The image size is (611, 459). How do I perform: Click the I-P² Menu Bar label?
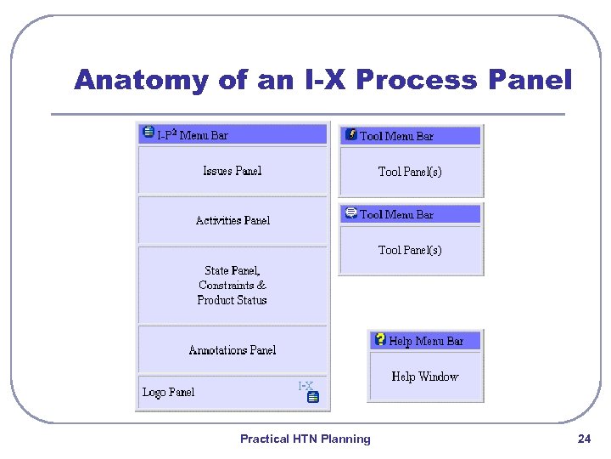193,134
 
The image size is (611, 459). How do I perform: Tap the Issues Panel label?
233,171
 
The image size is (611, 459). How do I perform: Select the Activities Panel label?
233,220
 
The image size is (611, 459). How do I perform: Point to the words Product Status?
232,300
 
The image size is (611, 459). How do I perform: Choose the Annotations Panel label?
233,350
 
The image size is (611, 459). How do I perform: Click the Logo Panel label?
168,392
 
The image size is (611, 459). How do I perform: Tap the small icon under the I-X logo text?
312,398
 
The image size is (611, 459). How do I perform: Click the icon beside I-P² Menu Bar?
149,133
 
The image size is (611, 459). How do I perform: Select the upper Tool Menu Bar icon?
350,134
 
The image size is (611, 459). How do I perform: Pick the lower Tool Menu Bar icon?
350,213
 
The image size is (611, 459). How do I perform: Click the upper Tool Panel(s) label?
410,172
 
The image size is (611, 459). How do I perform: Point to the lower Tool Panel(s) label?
410,250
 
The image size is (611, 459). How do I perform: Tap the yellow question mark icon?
380,339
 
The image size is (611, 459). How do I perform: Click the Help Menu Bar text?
426,341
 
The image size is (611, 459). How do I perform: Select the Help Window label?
424,377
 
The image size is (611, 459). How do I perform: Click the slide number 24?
584,439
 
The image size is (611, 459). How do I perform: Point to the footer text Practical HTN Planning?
305,439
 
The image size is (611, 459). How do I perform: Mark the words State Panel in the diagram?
233,271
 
